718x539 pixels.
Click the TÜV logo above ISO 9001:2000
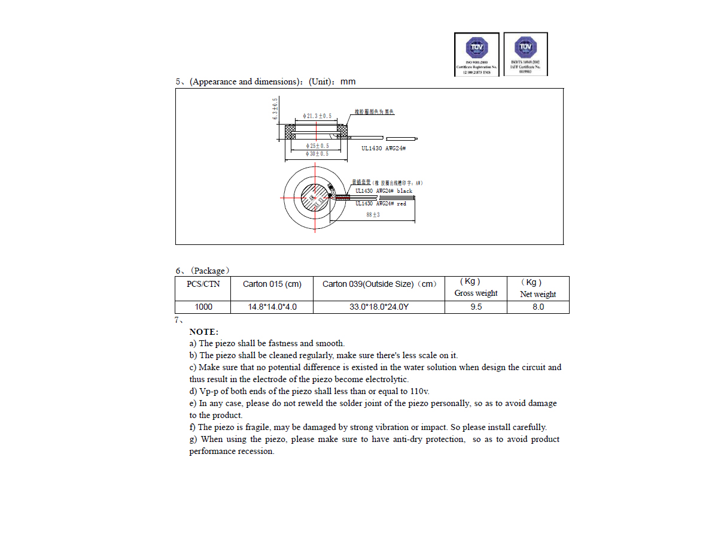[477, 47]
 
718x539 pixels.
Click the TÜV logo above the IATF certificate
[525, 47]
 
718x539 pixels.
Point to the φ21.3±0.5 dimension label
[317, 116]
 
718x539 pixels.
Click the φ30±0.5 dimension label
[317, 154]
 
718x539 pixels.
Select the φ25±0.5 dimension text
[317, 146]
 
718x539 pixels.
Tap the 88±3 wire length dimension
[373, 215]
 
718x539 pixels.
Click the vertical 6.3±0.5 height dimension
[275, 109]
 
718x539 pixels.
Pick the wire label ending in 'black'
[384, 191]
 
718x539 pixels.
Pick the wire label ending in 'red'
[381, 204]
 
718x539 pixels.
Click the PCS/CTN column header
[203, 284]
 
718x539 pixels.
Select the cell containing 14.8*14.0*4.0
[272, 307]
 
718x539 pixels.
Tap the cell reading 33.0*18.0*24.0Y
[379, 307]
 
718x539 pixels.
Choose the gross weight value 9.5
[476, 307]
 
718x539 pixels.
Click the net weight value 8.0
[538, 307]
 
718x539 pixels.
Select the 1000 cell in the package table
[203, 307]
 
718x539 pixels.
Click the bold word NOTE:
[204, 332]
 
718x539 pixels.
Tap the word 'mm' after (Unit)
[348, 81]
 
